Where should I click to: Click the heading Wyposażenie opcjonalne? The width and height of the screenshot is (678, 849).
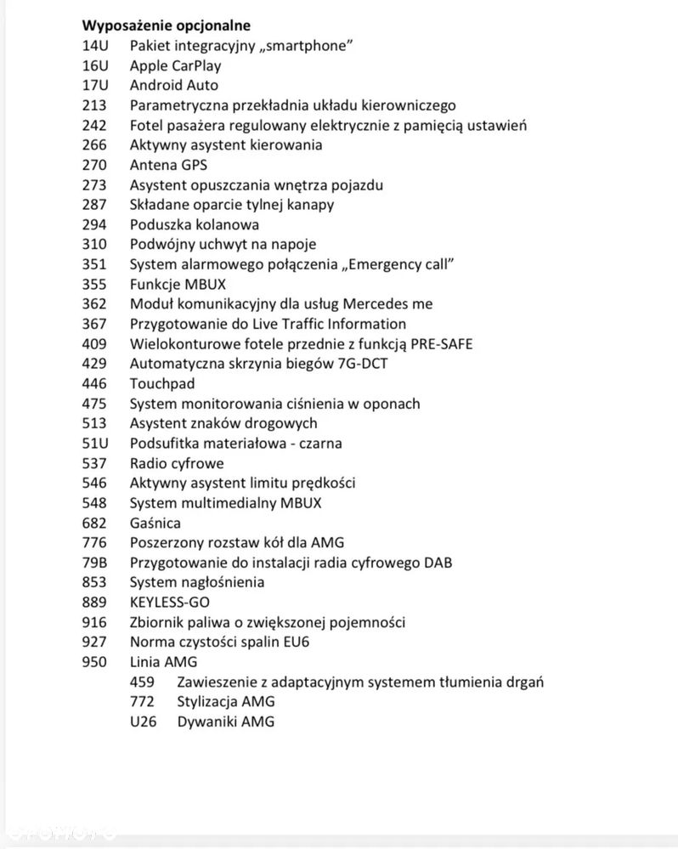[x=166, y=25]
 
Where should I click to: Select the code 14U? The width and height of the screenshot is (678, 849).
[x=95, y=45]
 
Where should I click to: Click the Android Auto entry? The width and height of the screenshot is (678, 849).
[x=173, y=85]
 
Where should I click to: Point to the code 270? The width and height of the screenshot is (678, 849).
[x=95, y=165]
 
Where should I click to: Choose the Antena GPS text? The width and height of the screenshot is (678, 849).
[x=168, y=165]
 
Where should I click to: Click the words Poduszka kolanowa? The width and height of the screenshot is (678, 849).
[x=195, y=224]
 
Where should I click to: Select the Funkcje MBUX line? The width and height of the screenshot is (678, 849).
[x=178, y=284]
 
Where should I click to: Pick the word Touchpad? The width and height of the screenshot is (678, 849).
[x=162, y=383]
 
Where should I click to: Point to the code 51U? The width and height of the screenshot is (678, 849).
[x=95, y=443]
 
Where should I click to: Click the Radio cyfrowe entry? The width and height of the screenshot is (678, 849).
[x=177, y=463]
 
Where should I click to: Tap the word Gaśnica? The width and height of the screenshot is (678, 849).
[x=155, y=523]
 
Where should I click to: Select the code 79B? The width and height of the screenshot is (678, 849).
[x=95, y=563]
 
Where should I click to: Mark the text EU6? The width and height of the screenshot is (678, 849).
[x=296, y=642]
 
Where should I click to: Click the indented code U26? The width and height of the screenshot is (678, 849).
[x=143, y=722]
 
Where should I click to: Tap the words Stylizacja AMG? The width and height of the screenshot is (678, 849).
[x=226, y=702]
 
